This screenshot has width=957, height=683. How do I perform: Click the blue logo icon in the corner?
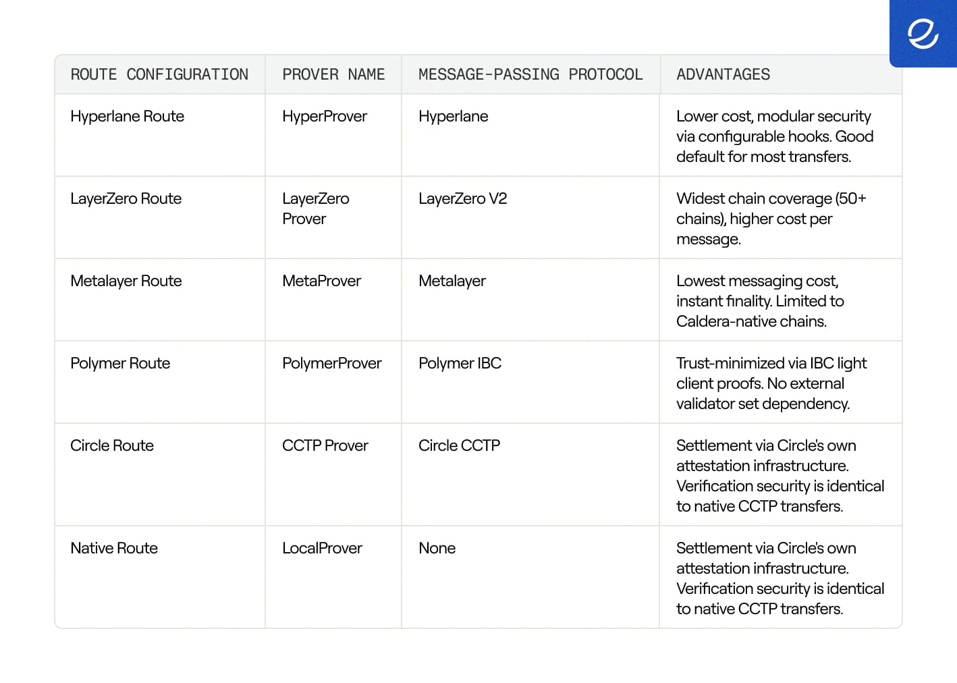point(923,34)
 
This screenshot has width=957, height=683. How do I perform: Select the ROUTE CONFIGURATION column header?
point(159,74)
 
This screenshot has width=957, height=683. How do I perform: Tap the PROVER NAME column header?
point(333,74)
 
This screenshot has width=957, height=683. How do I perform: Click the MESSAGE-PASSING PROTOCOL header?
point(530,74)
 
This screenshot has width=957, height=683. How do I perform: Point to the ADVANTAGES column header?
point(723,74)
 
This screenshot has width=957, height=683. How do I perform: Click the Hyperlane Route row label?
point(127,116)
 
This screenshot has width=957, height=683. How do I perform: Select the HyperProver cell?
point(325,116)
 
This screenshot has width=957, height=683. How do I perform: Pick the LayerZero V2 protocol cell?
point(462,198)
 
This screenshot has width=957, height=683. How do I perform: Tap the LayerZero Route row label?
point(126,198)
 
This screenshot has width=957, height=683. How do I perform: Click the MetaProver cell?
point(321,281)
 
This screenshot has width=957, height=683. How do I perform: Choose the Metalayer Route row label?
point(126,281)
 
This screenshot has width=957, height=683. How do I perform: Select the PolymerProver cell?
point(331,363)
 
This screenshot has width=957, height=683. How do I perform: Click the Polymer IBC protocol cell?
point(460,363)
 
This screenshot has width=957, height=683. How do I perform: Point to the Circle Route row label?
point(112,445)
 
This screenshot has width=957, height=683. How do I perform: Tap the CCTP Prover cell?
point(325,445)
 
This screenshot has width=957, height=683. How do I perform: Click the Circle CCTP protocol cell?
point(459,445)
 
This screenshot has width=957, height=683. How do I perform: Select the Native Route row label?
point(114,548)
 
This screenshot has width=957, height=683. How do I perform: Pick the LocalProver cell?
point(322,548)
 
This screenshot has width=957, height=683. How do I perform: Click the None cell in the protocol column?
point(437,548)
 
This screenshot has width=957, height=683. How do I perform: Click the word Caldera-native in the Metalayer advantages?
point(723,321)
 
